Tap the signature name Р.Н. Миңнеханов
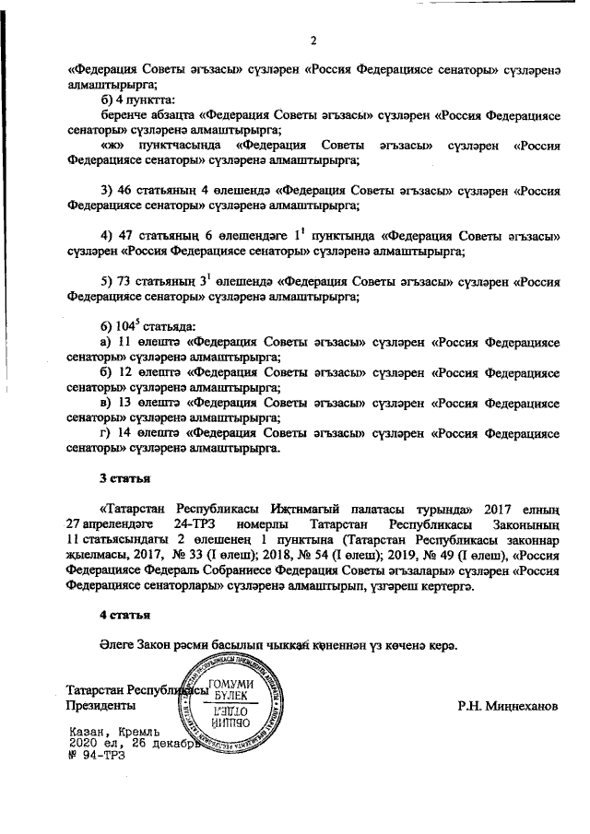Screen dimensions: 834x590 508,708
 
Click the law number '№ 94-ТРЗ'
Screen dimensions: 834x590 96,755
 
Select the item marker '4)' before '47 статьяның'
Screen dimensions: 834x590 107,235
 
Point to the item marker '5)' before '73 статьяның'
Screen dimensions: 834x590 107,281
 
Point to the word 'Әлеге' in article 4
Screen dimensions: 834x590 117,642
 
